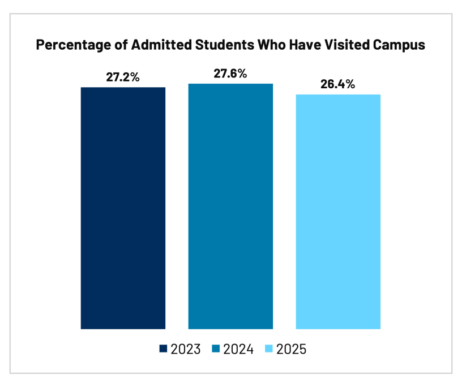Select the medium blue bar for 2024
[x=230, y=206]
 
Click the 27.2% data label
[x=123, y=77]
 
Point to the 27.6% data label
[x=230, y=74]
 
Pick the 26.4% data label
[x=338, y=84]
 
